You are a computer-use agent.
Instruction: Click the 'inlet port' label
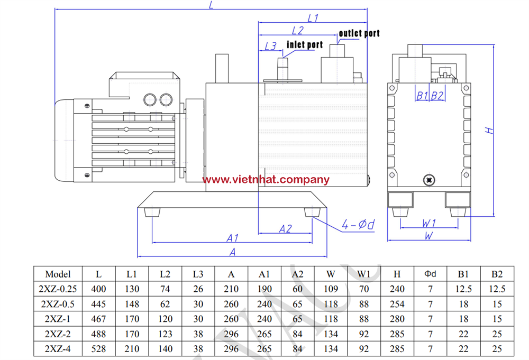pos(305,45)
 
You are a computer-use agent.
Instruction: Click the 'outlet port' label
pos(359,33)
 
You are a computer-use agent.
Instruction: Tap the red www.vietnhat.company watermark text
pos(266,180)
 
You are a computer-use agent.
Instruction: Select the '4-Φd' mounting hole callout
pos(358,225)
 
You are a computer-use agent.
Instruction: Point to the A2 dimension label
pos(286,229)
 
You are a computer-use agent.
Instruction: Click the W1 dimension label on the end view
pos(429,223)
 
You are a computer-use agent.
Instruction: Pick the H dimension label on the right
pos(489,130)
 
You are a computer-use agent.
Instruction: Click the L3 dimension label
pos(270,46)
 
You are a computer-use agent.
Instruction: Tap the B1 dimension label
pos(422,96)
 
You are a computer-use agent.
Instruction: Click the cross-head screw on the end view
pos(429,180)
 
